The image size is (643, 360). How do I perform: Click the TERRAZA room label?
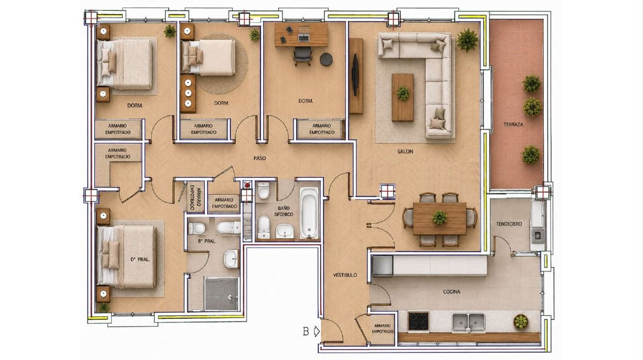(513, 125)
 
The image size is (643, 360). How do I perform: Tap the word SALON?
(405, 151)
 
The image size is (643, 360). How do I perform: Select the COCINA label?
(451, 292)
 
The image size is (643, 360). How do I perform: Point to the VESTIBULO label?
(345, 275)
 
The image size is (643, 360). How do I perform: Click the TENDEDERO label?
(509, 224)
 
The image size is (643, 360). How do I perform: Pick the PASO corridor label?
(259, 158)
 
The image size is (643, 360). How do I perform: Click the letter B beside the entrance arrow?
(306, 332)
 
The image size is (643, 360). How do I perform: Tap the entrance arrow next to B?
(317, 332)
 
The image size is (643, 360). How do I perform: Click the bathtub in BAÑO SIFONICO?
(309, 213)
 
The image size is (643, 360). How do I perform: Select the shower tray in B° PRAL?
(221, 294)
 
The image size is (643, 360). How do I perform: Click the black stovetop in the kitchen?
(418, 321)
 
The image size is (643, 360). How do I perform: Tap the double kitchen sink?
(468, 322)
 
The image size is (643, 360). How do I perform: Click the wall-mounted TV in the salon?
(355, 74)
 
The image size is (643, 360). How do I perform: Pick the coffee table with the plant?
(403, 98)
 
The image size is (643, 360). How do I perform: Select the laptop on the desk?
(303, 37)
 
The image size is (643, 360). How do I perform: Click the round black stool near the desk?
(326, 59)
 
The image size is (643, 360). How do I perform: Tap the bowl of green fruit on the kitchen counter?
(520, 322)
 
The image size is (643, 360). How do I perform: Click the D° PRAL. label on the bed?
(140, 260)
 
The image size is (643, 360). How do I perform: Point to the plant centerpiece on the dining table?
(439, 217)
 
